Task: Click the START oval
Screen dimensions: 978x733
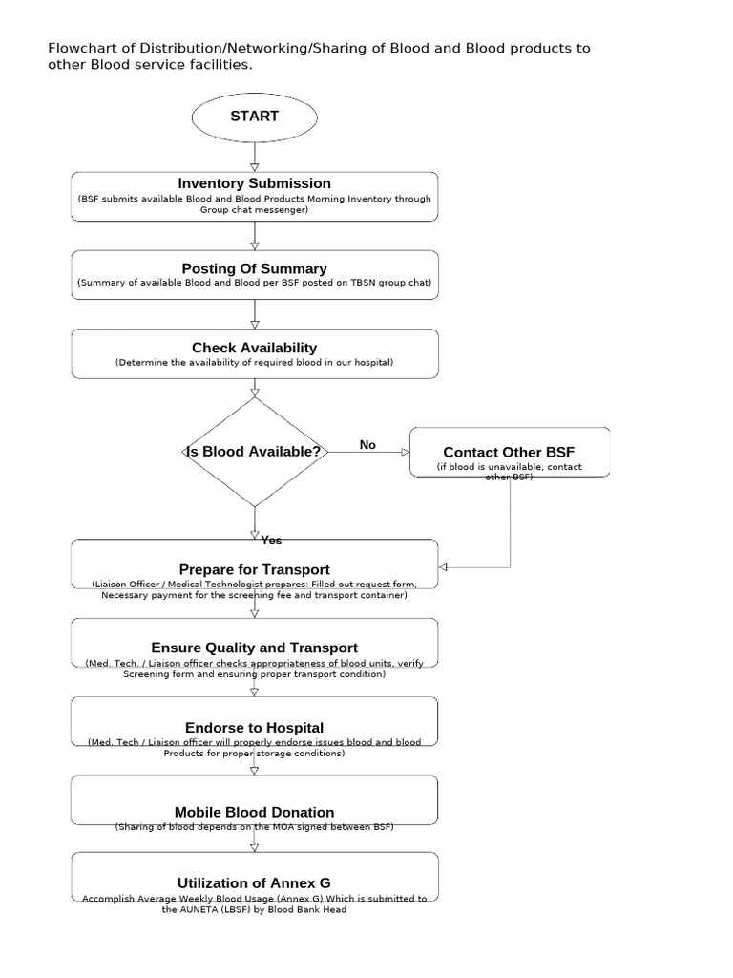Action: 254,117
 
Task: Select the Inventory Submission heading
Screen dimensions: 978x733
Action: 254,183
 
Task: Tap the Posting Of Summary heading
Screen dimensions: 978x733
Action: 254,269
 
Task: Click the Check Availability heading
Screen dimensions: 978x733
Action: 254,348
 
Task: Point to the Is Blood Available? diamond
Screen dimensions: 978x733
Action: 254,452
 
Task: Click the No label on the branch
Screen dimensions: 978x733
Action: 367,445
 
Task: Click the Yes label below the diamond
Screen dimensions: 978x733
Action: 271,541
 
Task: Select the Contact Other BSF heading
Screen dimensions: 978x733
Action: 509,452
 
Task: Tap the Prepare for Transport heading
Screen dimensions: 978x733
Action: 254,569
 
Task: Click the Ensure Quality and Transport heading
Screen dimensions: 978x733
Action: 254,648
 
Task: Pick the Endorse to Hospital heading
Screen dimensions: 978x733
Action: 254,728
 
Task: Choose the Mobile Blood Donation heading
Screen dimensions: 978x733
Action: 254,812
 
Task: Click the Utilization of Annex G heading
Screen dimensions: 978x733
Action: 254,882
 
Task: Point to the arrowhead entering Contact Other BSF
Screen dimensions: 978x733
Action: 405,452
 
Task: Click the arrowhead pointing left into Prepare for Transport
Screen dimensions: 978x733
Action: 443,567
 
